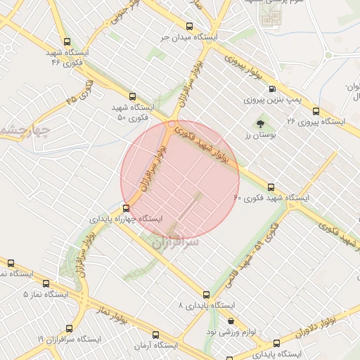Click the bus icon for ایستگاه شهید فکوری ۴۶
click(x=67, y=41)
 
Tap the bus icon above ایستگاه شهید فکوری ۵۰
click(x=132, y=96)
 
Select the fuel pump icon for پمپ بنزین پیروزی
click(x=272, y=89)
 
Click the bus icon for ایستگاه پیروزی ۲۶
click(x=315, y=110)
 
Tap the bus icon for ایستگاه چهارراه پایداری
click(x=126, y=208)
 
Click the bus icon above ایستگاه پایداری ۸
click(x=206, y=295)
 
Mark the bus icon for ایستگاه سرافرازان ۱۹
click(x=69, y=328)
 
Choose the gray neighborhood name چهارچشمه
click(x=21, y=128)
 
